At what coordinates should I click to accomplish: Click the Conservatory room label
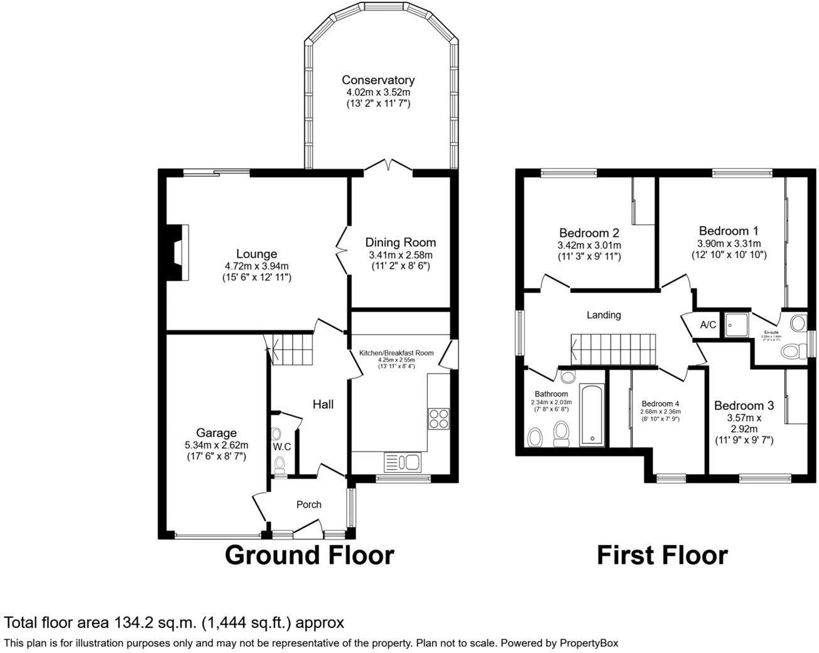coord(378,80)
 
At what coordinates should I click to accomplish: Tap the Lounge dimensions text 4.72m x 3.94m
coord(256,266)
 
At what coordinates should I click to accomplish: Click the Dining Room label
coord(401,242)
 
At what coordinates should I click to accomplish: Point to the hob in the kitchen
coord(438,418)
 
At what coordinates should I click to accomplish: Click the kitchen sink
coord(403,463)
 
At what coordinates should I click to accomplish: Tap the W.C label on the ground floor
coord(282,447)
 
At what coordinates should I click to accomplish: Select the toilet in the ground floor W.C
coord(279,464)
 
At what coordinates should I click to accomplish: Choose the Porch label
coord(308,504)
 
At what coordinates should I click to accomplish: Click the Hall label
coord(323,404)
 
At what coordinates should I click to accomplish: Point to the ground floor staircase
coord(290,348)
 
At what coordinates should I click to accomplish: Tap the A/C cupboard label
coord(708,325)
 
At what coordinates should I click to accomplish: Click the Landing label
coord(604,315)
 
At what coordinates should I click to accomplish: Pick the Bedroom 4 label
coord(660,404)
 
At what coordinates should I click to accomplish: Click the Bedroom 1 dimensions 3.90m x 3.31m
coord(729,244)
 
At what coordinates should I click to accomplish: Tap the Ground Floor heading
coord(309,555)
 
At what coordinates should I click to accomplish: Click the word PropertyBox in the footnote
coord(588,643)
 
